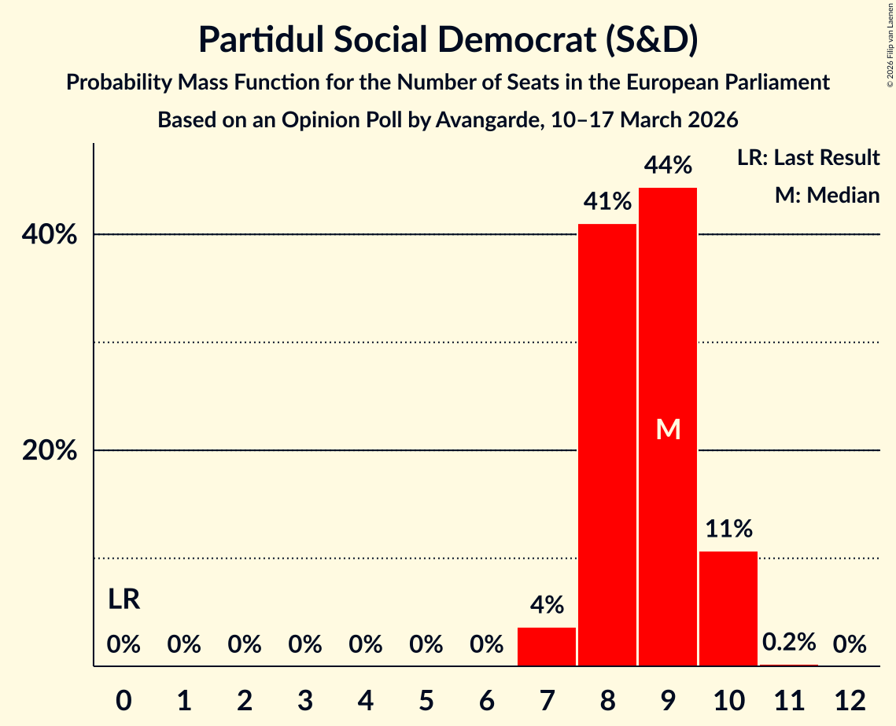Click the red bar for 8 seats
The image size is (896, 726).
[x=607, y=445]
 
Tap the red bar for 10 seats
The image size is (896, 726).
[x=728, y=608]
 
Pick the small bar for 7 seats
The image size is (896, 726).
[x=547, y=647]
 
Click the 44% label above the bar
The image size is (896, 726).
[x=667, y=166]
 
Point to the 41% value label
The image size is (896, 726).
[x=607, y=202]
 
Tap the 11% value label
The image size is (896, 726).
[x=728, y=529]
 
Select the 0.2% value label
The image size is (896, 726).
[x=788, y=643]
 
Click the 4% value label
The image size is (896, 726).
[x=547, y=605]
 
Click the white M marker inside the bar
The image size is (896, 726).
[x=668, y=429]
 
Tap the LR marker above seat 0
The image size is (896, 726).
[x=124, y=599]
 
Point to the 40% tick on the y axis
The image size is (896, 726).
[x=48, y=235]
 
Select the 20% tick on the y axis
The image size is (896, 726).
[x=48, y=451]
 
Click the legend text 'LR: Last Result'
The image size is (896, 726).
[x=808, y=158]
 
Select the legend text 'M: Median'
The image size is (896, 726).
[x=827, y=195]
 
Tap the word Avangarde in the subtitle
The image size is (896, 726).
[x=487, y=120]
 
